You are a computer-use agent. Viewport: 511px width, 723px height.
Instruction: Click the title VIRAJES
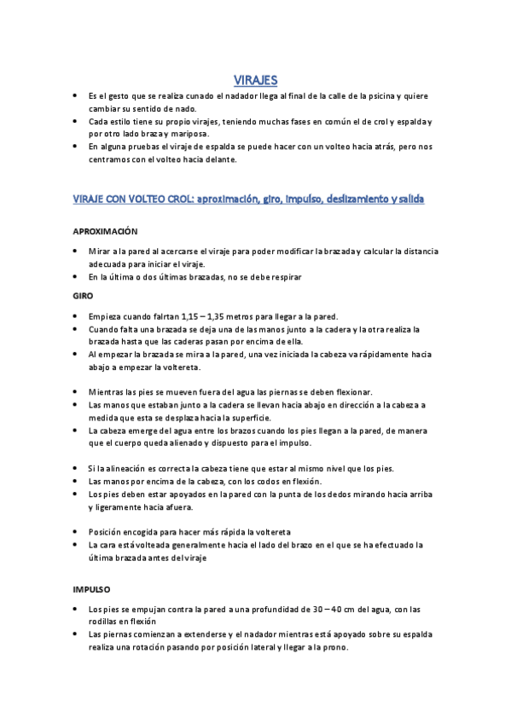[x=255, y=80]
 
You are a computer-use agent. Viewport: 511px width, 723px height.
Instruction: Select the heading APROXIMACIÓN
[x=105, y=232]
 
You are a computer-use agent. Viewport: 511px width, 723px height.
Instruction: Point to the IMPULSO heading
[x=96, y=590]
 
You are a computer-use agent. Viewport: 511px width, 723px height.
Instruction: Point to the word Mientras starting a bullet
[x=108, y=392]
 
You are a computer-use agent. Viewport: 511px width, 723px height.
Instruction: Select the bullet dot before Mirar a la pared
[x=76, y=252]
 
